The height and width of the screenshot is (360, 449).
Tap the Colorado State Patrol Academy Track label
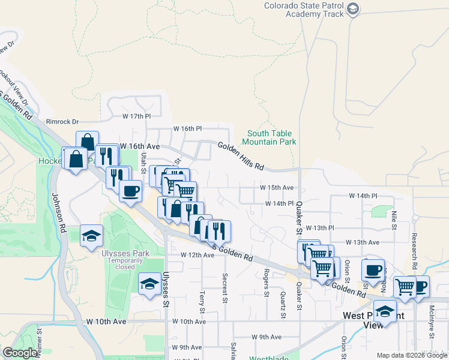(304, 10)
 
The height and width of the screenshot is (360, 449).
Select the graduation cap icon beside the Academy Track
(353, 8)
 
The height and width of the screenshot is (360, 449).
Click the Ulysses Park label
(125, 253)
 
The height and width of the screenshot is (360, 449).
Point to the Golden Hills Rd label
(241, 155)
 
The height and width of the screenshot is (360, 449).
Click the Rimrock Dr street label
(63, 122)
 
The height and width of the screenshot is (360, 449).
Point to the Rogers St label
(266, 282)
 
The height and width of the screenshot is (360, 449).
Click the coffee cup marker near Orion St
(373, 269)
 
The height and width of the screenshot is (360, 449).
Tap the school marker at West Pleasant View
(385, 311)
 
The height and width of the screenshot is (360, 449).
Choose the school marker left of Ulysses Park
(91, 236)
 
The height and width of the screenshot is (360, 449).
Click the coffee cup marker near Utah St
(130, 191)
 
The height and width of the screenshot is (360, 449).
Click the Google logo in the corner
(20, 353)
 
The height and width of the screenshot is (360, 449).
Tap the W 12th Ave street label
(197, 255)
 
